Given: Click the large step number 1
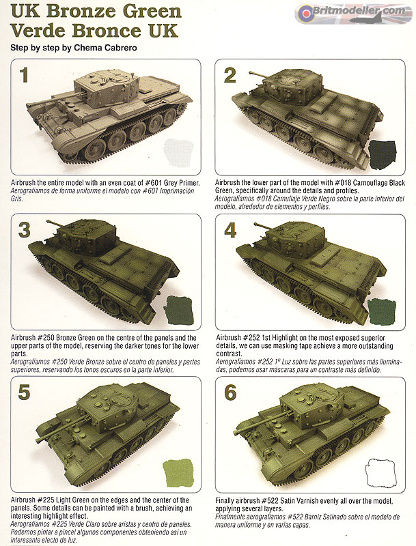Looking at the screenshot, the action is tap(24, 75).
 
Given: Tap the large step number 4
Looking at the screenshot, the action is tap(230, 230).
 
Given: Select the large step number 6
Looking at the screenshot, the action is tap(230, 392).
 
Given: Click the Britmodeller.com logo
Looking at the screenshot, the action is tap(354, 13).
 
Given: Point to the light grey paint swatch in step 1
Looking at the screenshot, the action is tap(179, 152).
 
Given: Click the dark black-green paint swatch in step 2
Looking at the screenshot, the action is tap(383, 154).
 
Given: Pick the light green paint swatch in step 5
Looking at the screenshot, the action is tap(178, 472).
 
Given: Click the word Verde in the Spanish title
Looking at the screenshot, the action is tap(38, 31).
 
